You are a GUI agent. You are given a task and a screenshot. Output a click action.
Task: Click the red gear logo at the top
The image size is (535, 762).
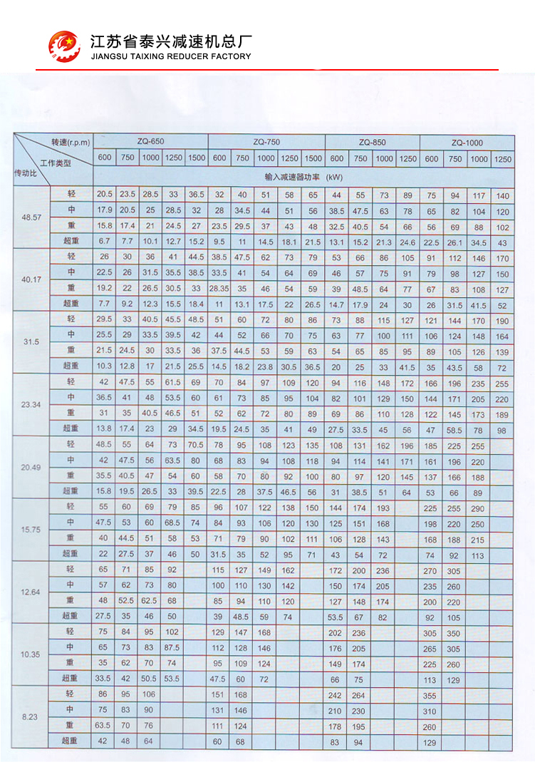(x=63, y=46)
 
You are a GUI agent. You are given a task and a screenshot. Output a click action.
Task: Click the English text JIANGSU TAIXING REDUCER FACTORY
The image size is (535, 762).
(x=171, y=56)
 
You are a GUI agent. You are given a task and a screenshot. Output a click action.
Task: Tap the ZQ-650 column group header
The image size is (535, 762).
(x=150, y=141)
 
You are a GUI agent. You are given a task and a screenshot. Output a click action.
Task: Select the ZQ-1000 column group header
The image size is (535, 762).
(x=467, y=141)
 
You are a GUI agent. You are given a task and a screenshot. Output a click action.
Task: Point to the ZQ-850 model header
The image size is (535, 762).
(x=373, y=141)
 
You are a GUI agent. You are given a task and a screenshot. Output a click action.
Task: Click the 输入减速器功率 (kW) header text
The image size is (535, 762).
(x=303, y=175)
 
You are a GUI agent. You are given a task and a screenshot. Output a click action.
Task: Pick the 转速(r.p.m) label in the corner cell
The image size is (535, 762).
(x=71, y=142)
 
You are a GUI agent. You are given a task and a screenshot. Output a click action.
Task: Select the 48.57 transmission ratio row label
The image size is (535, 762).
(x=31, y=218)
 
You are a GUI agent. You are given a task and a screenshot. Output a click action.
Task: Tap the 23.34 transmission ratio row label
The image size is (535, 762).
(x=31, y=404)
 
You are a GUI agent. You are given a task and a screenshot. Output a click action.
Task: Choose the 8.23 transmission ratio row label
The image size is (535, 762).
(x=31, y=716)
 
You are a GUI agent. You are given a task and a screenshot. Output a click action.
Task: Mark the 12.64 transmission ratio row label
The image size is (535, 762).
(x=31, y=592)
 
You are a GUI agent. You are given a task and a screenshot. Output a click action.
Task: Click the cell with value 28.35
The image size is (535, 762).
(x=219, y=289)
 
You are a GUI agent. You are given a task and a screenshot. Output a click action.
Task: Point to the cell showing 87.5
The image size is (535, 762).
(x=173, y=647)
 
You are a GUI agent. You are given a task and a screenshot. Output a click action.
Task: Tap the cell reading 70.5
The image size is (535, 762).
(x=197, y=445)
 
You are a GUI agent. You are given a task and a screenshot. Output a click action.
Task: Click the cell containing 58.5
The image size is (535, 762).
(x=455, y=429)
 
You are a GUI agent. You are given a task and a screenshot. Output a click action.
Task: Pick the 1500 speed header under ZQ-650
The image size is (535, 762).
(x=197, y=158)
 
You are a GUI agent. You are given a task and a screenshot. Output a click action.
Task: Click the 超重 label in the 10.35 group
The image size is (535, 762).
(x=71, y=678)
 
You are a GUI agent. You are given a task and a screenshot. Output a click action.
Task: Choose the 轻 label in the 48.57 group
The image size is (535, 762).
(x=71, y=194)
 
